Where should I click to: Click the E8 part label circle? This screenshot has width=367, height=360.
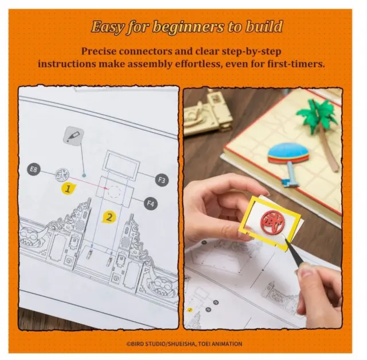tap(34, 169)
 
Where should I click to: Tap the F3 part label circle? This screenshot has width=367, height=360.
tap(162, 180)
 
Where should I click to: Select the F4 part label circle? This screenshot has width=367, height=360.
tap(150, 203)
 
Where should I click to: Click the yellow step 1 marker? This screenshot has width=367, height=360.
tap(68, 189)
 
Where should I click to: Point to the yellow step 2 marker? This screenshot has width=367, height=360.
tap(109, 217)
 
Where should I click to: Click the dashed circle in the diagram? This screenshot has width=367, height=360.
tap(115, 191)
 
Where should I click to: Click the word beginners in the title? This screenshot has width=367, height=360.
tap(188, 27)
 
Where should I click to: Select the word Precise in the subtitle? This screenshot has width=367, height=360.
tap(99, 51)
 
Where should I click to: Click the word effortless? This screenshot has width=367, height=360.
tap(198, 64)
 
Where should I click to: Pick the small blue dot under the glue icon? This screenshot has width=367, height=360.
tap(84, 175)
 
